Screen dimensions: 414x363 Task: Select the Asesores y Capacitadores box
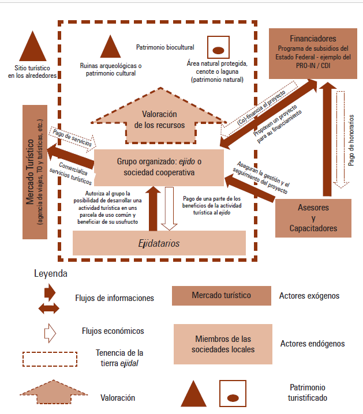pyautogui.click(x=313, y=219)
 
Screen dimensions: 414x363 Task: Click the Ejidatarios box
pyautogui.click(x=159, y=243)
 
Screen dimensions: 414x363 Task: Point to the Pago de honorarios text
pyautogui.click(x=351, y=138)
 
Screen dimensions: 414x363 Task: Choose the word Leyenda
pyautogui.click(x=51, y=273)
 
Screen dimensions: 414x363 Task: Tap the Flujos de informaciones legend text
pyautogui.click(x=114, y=298)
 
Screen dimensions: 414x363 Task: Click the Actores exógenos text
pyautogui.click(x=309, y=296)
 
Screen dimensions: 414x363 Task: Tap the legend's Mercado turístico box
pyautogui.click(x=221, y=295)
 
